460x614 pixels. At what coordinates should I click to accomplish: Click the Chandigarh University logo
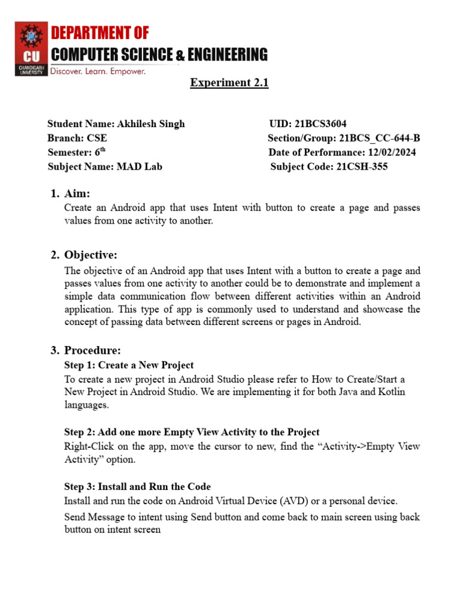31,49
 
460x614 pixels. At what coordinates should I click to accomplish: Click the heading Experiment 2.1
229,83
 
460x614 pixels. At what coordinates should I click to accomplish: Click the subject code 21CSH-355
359,167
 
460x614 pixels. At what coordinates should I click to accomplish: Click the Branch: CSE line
77,139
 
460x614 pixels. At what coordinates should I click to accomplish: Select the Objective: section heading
91,255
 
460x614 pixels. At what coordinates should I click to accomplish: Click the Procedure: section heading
93,350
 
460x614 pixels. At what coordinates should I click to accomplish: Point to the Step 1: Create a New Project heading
129,365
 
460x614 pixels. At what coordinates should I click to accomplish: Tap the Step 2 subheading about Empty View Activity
192,432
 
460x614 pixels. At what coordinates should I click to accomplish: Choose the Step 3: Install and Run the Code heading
137,486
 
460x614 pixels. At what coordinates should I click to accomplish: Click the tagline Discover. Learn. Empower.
98,71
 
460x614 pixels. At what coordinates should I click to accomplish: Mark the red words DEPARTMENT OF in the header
99,32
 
